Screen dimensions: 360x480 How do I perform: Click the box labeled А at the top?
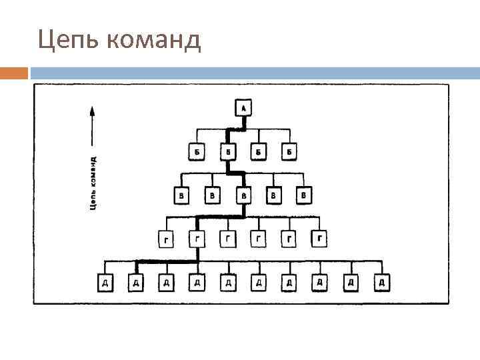243,107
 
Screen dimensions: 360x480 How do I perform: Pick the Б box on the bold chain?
227,152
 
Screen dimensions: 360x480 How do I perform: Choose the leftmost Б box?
197,152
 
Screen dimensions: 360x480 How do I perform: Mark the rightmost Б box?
289,152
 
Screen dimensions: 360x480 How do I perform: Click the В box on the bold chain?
243,195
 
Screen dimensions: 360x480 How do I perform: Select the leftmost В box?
181,195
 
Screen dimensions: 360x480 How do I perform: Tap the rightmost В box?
304,195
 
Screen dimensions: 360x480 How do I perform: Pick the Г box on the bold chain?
197,238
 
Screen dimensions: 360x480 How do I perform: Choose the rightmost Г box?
321,237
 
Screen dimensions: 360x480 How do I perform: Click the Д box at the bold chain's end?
135,283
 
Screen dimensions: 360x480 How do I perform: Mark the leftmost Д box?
105,283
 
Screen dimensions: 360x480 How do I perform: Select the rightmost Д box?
381,283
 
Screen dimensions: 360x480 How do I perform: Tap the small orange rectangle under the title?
14,72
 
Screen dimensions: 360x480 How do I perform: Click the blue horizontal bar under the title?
253,72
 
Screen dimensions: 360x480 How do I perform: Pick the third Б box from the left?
259,152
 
